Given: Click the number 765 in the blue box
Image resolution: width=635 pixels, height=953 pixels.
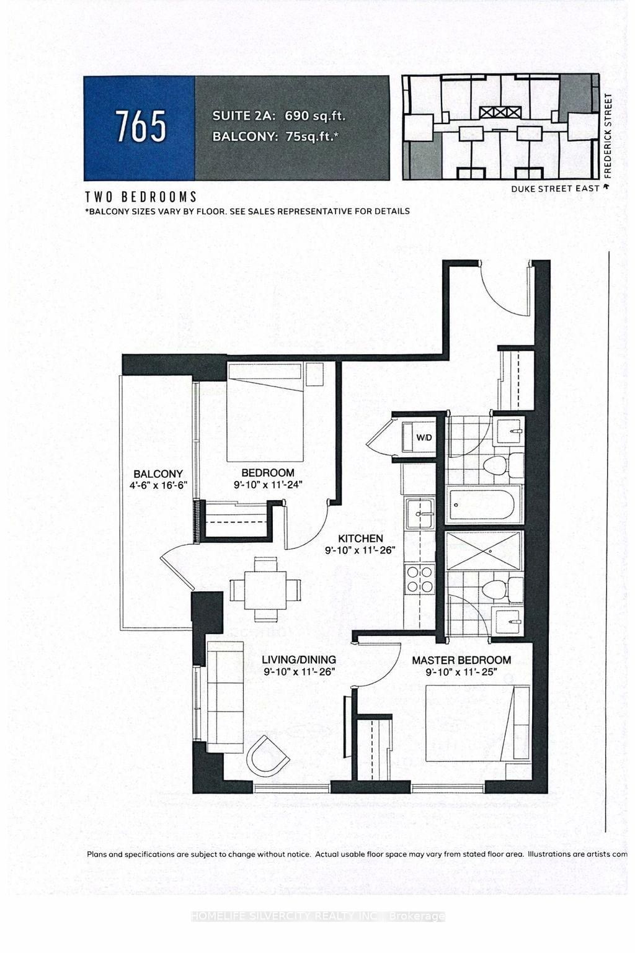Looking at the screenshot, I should pos(140,127).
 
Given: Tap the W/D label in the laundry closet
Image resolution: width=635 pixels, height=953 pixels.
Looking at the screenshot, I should pos(424,437).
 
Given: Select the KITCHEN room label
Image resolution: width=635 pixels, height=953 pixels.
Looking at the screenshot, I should pos(360,539).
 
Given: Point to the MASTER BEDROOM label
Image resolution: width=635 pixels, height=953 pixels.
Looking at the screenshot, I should pos(461,660).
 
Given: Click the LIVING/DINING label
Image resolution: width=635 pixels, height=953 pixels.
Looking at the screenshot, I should pos(298,660).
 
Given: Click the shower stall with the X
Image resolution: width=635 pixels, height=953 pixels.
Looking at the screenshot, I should pos(484,550).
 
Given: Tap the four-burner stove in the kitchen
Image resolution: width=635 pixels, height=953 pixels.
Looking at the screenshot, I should pos(419,578).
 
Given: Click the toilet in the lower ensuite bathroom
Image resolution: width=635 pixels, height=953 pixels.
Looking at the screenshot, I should pos(496,589).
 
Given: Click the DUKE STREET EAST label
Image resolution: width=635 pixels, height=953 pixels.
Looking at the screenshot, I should pos(555,189).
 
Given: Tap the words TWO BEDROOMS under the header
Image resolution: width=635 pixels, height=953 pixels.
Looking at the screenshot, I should pos(141,197).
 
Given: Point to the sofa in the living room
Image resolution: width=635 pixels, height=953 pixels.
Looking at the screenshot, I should pos(224,696).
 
